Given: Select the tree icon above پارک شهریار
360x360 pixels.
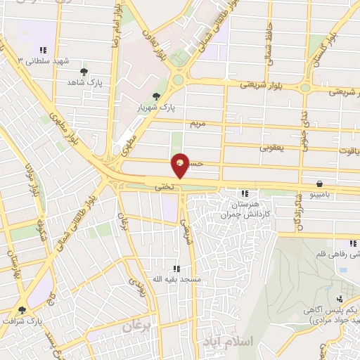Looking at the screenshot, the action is (156, 96).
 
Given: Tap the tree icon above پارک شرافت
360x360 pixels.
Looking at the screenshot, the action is (22, 309).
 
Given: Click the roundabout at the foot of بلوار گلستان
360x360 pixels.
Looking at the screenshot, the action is (305, 88).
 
